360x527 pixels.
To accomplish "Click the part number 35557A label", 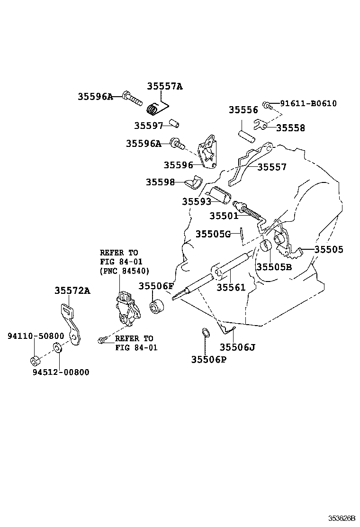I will coord(164,86).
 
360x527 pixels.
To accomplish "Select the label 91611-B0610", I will coord(308,103).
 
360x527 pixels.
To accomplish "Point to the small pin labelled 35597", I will coord(174,125).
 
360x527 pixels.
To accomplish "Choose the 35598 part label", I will coord(160,182).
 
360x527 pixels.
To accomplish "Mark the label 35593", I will coord(197,201).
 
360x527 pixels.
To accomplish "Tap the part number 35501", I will coord(224,216).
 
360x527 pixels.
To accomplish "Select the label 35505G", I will coord(213,234).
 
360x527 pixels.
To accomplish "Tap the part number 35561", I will coord(231,287).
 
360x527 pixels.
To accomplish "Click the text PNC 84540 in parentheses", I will coord(124,271).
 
